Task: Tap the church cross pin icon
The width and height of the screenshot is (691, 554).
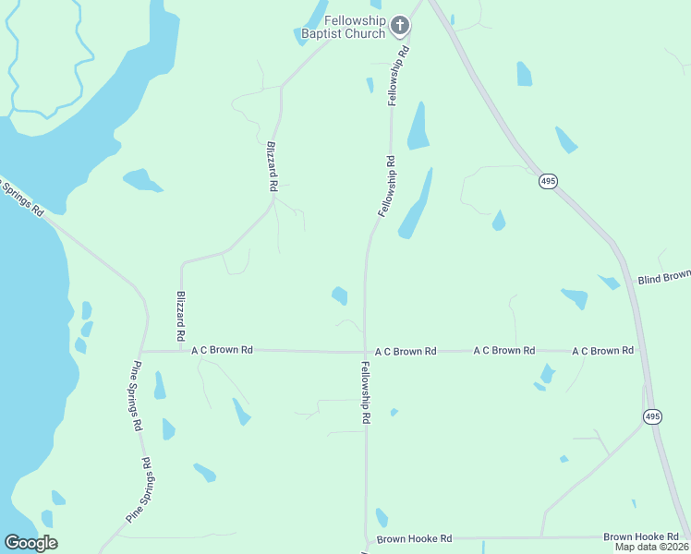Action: (x=400, y=25)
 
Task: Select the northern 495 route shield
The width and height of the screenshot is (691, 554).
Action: (x=549, y=182)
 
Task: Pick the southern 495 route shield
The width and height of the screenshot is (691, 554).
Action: (x=653, y=417)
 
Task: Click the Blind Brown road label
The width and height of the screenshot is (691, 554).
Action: (x=664, y=277)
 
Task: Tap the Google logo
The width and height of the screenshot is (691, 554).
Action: (x=30, y=543)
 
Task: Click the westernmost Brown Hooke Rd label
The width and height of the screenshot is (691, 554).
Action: (x=413, y=538)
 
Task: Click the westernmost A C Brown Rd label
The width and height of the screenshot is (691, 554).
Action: (x=222, y=351)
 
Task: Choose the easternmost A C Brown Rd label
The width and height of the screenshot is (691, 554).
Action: (x=602, y=351)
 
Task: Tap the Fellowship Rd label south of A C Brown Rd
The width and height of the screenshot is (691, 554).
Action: (x=366, y=392)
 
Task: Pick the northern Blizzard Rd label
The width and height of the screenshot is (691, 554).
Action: (x=272, y=166)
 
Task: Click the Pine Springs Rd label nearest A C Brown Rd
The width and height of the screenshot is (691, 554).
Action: (x=137, y=395)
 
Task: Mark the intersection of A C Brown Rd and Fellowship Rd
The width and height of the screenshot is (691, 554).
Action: (x=366, y=352)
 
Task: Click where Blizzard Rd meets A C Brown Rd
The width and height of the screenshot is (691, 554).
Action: (x=181, y=351)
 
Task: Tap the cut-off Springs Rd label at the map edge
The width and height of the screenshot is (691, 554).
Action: (x=22, y=197)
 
